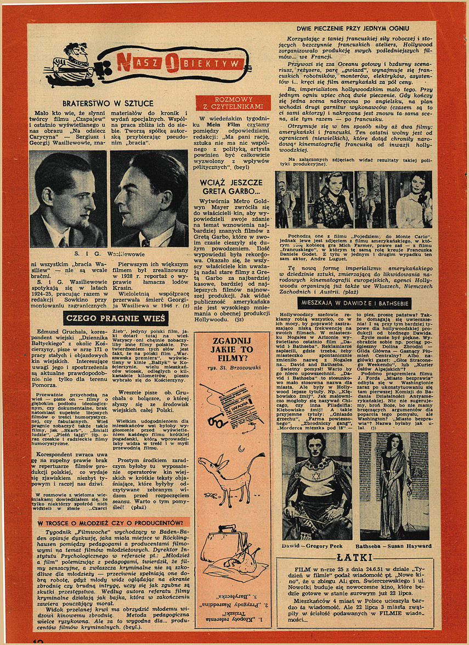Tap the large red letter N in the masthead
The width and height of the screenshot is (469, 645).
[126, 62]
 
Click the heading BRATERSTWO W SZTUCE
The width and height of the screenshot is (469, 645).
[108, 103]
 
